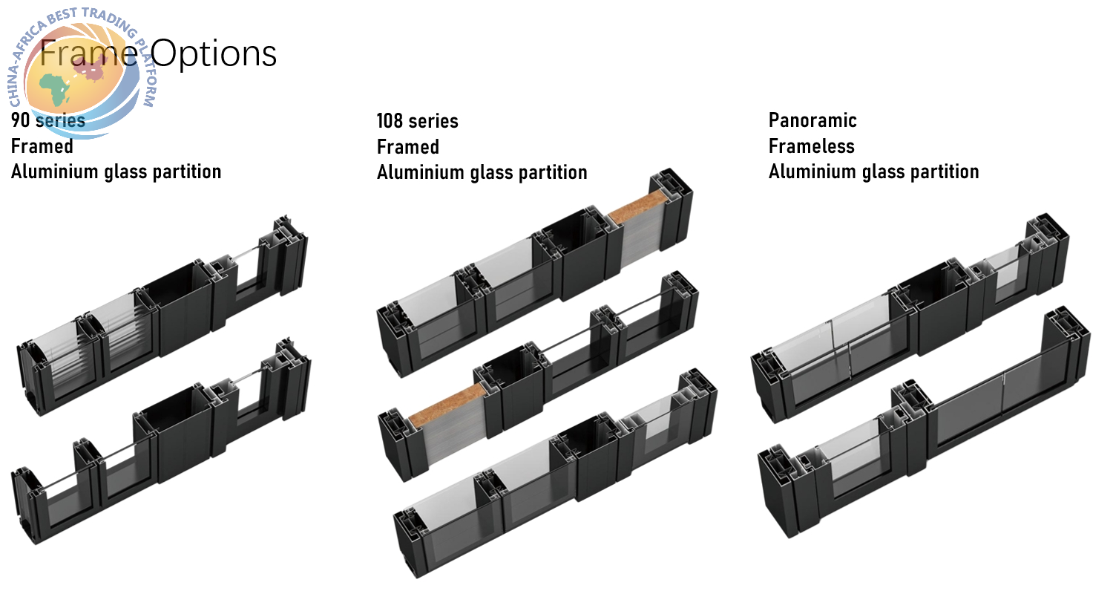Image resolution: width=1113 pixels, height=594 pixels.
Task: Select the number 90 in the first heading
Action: click(20, 120)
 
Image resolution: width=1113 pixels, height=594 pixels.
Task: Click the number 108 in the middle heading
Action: click(390, 121)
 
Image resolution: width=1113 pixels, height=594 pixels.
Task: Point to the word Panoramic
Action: click(812, 120)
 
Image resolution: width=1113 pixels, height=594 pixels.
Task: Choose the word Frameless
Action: click(812, 146)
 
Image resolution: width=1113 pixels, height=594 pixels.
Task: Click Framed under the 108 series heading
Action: click(408, 147)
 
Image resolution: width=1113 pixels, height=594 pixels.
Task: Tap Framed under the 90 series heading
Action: click(42, 146)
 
